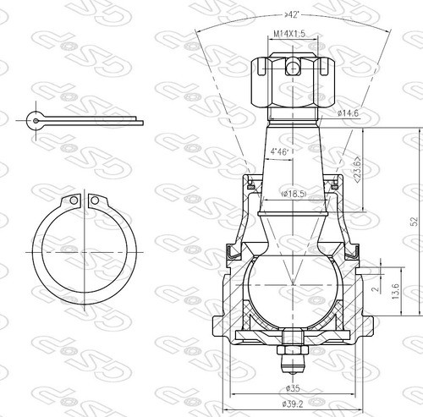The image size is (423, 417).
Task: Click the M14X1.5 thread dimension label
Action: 289,34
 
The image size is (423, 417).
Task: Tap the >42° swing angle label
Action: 292,14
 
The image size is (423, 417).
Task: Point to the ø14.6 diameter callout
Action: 348,113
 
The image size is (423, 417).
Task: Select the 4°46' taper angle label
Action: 280,152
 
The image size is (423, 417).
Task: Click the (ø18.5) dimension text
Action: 294,194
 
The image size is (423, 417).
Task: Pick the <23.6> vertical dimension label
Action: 357,169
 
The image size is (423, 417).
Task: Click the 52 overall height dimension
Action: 415,222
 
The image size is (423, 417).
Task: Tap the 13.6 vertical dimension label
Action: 395,292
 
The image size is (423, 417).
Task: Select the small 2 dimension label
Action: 375,289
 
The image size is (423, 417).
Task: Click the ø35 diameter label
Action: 293,389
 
